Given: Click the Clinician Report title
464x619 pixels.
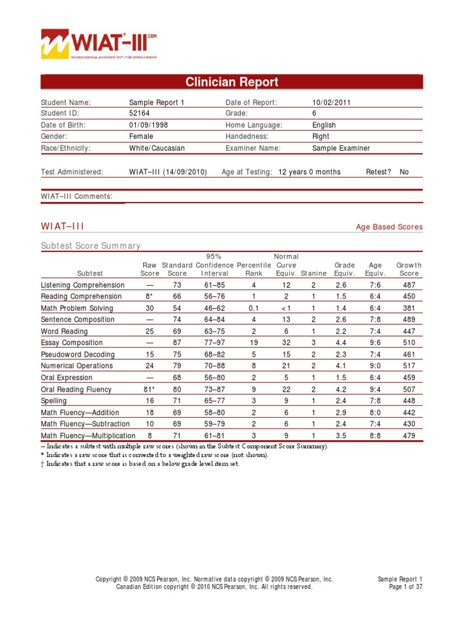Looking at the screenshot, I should pos(231,82).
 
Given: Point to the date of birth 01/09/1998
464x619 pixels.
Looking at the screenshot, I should pos(147,125).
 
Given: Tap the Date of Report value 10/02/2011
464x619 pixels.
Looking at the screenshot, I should pos(331,103).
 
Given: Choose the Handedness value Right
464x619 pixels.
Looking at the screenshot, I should pos(321,137).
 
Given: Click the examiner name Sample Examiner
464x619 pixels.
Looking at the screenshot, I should pos(341,148).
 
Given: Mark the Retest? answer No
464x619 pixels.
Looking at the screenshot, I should pos(404,172).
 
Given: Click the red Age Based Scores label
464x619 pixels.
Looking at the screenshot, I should pos(389,227).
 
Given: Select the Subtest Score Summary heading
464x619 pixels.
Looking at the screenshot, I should pos(91,246).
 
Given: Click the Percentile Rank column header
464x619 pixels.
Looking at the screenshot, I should pos(254,269).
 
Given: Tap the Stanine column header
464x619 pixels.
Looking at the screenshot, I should pos(314,273).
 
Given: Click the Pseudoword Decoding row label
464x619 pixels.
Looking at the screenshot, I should pos(77,354).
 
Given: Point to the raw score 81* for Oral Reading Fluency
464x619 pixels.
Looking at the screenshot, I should pos(150,389).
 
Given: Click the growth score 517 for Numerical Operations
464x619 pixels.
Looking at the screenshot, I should pos(409,366).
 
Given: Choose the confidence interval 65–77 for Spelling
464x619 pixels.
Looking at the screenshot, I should pos(215,401).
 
